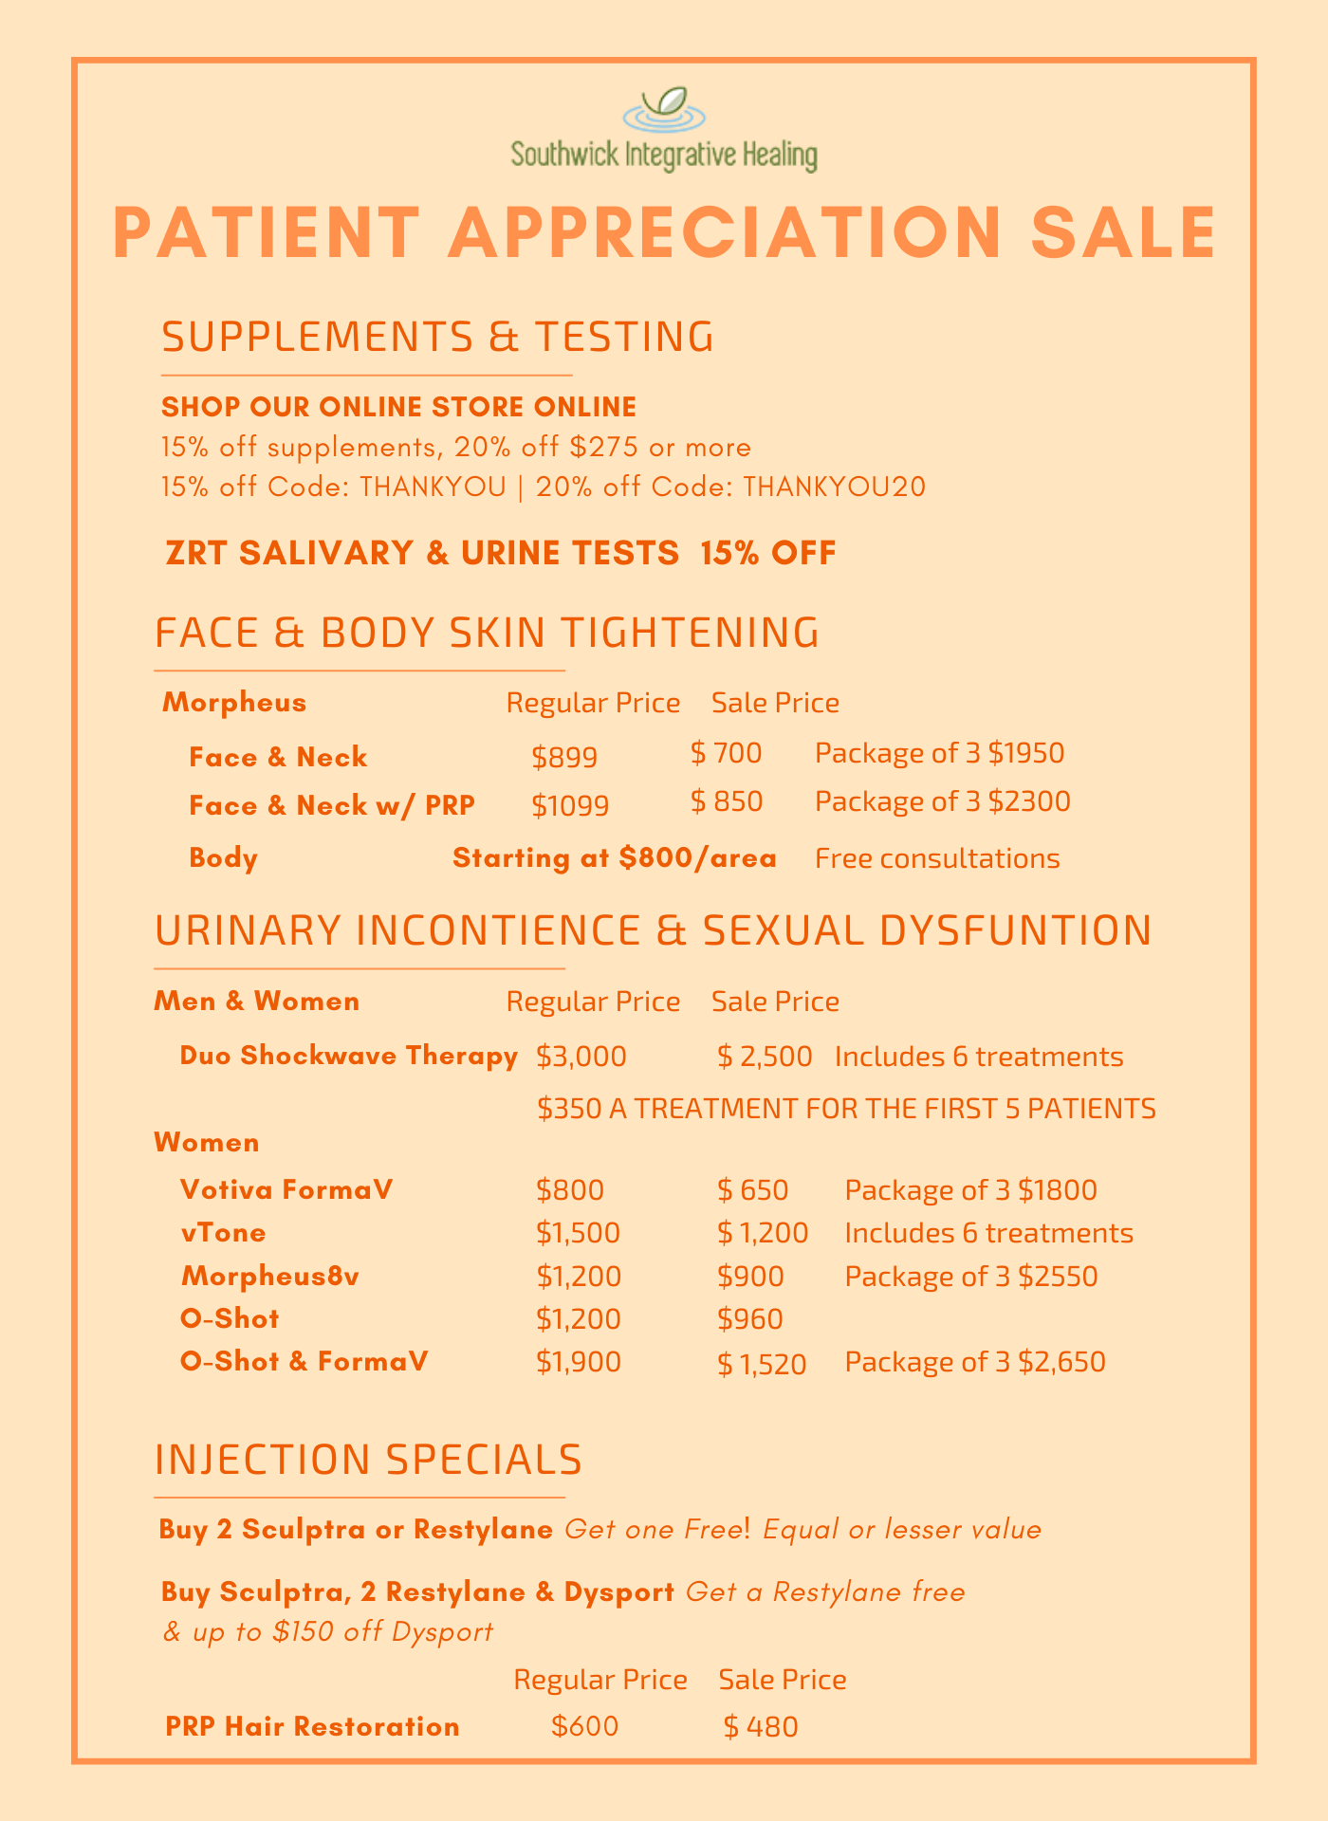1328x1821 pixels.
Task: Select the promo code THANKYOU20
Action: (835, 487)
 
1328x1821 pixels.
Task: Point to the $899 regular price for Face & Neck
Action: (564, 757)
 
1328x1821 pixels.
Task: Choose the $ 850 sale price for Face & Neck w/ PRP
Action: (727, 802)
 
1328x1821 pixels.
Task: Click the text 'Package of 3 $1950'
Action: (939, 753)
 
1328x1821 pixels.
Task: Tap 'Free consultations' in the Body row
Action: (937, 858)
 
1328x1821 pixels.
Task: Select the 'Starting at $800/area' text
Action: (615, 858)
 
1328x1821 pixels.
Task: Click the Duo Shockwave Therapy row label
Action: (348, 1056)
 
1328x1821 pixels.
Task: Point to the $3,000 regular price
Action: (581, 1057)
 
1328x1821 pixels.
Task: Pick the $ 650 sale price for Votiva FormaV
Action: (753, 1190)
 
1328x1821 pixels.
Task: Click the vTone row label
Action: (223, 1233)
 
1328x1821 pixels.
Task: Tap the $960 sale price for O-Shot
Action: (750, 1319)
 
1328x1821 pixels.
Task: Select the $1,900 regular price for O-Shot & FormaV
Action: (579, 1362)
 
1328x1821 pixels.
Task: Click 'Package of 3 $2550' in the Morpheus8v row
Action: (970, 1277)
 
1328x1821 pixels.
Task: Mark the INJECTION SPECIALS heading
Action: (368, 1460)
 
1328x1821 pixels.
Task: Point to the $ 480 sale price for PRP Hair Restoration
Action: (761, 1726)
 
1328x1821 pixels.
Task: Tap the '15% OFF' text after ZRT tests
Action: (768, 553)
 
